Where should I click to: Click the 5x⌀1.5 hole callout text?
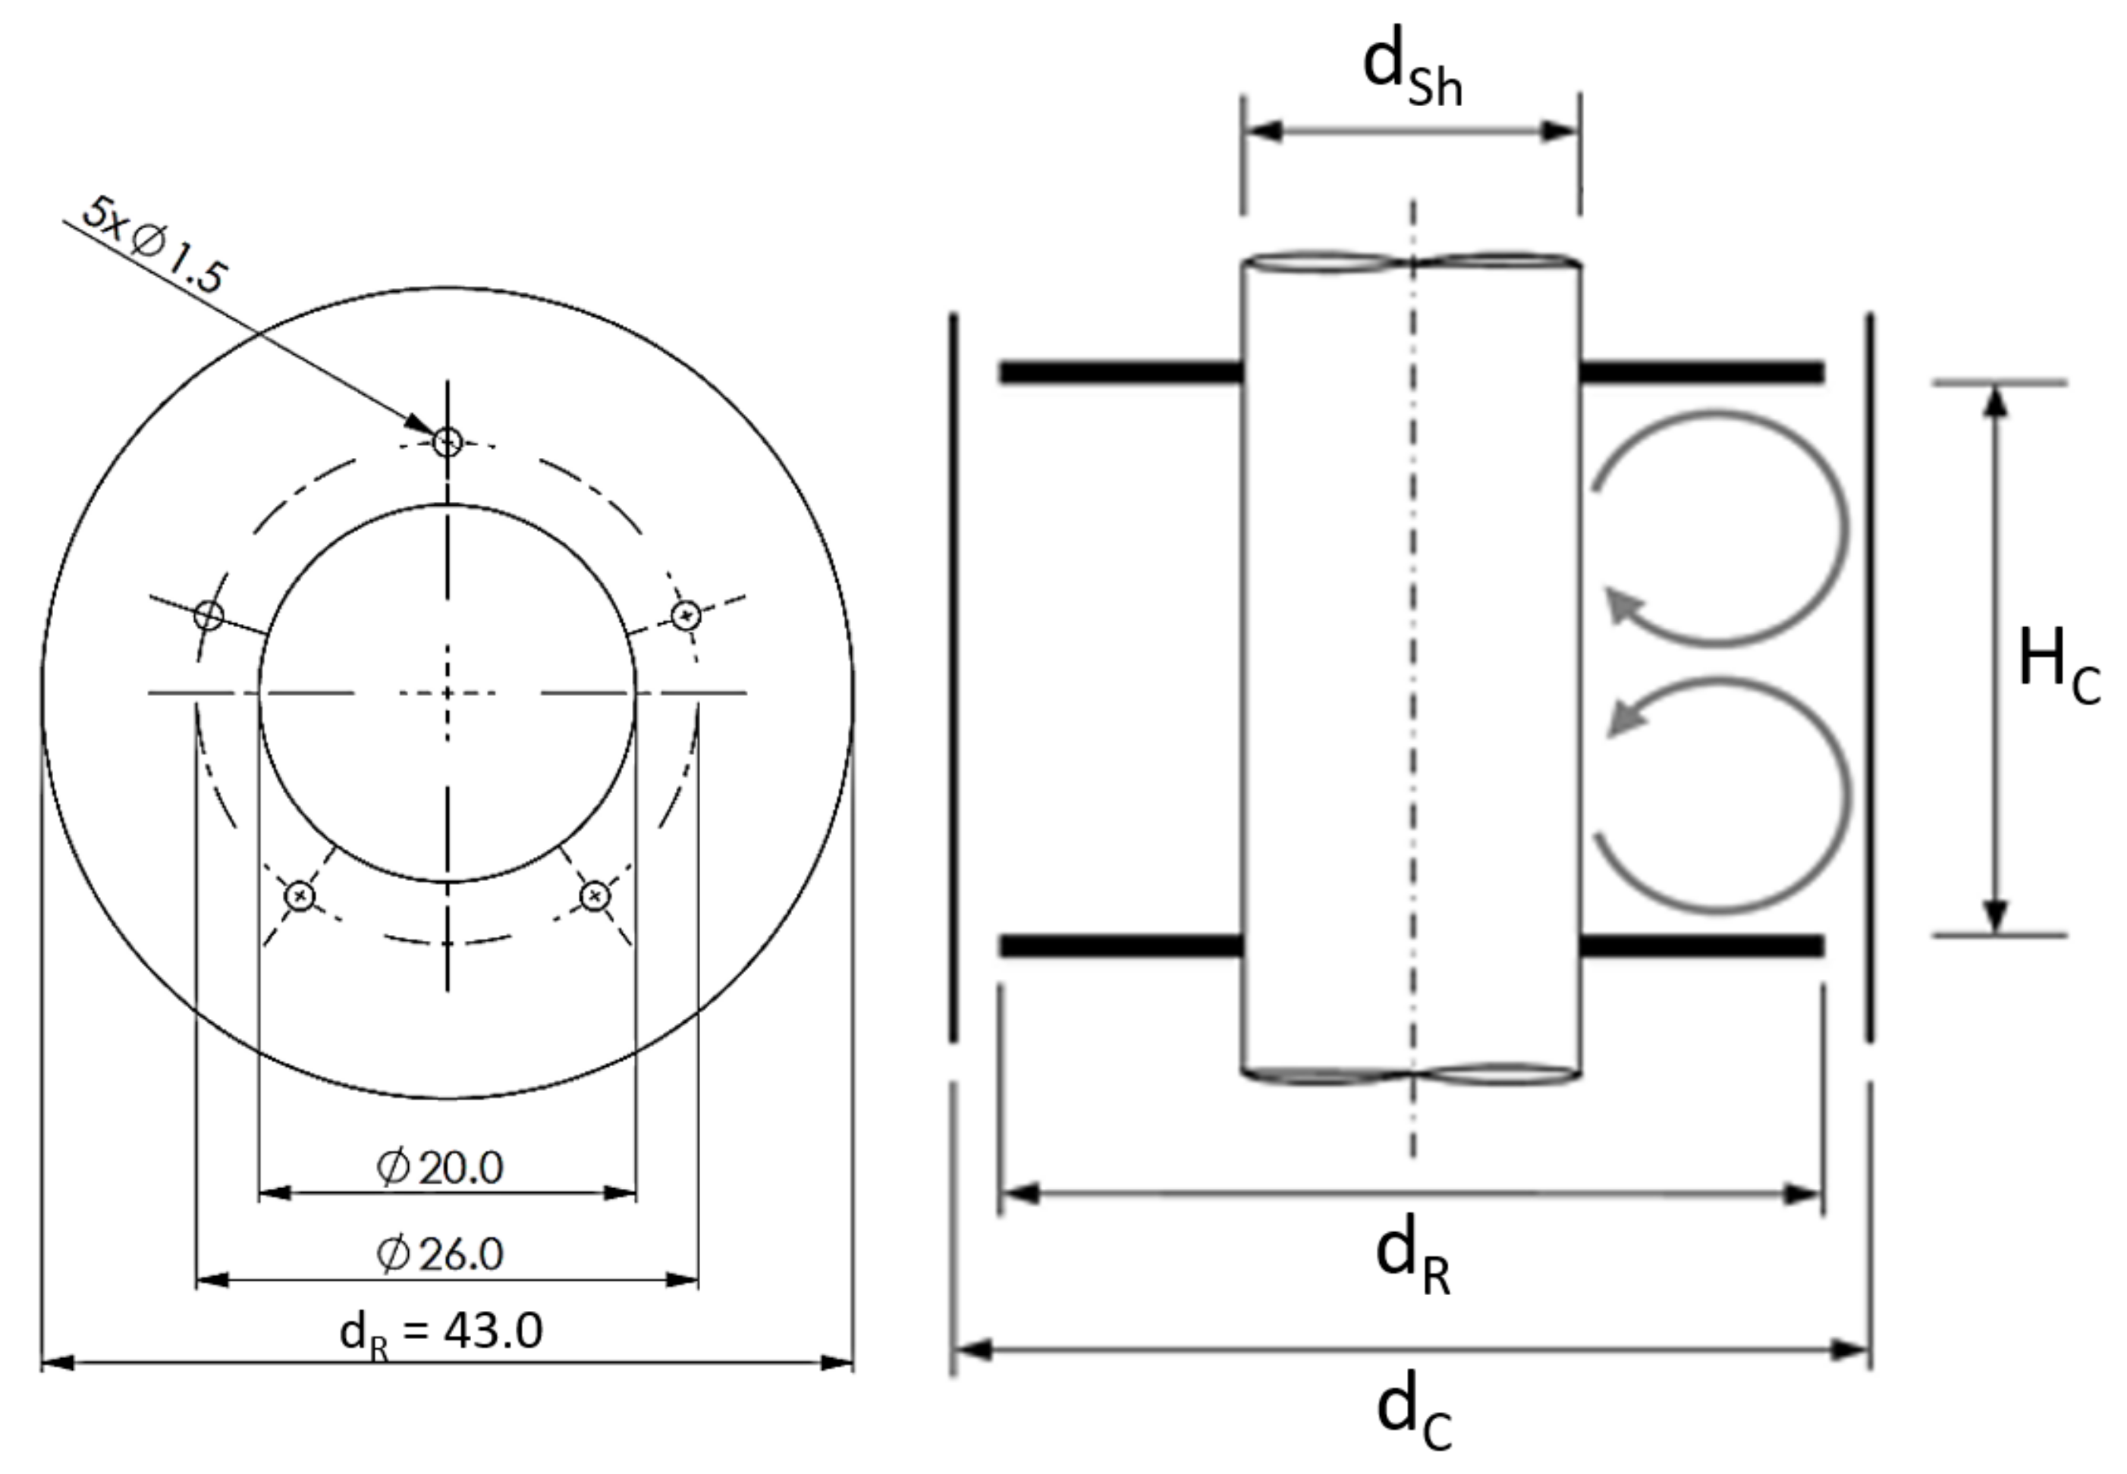pyautogui.click(x=153, y=246)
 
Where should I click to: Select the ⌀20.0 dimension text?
pyautogui.click(x=440, y=1168)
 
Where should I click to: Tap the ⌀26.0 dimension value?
pyautogui.click(x=440, y=1254)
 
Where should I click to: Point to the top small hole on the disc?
pyautogui.click(x=448, y=442)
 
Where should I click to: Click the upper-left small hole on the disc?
pyautogui.click(x=210, y=614)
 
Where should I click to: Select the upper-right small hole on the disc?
pyautogui.click(x=685, y=614)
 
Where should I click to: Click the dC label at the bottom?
pyautogui.click(x=1414, y=1415)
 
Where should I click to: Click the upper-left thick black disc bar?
pyautogui.click(x=1120, y=373)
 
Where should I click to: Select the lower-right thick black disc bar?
pyautogui.click(x=1702, y=946)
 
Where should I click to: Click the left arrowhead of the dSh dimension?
pyautogui.click(x=1262, y=131)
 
